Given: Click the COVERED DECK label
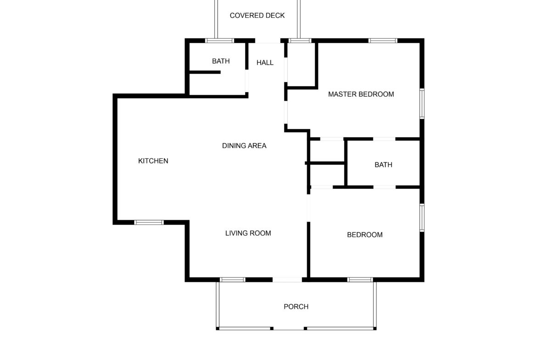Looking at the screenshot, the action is coord(257,16).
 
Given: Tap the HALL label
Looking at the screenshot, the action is coord(265,63).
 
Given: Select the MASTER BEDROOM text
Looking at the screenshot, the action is coord(361,94).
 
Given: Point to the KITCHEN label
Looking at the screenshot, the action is coord(153,161).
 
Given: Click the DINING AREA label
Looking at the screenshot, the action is coord(244,146).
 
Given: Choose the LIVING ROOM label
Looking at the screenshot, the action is coord(248,233).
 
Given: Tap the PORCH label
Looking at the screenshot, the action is coord(296,307).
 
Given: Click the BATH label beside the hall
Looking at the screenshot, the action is coord(221,61).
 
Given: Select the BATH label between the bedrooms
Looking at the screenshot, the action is coord(384,165).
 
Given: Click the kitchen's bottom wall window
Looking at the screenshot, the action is coord(149,222).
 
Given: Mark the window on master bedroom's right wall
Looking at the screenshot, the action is coord(422,104).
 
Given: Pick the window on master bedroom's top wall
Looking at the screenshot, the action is coord(383,41).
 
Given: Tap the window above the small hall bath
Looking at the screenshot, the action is coord(219,41).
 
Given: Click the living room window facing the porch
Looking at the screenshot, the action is coord(233,280).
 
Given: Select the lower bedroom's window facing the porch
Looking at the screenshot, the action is coord(360,280).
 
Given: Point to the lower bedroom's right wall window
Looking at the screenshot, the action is coord(422,218).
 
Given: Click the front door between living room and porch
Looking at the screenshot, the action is coord(287,280).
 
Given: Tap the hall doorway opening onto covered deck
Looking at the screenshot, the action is coord(268,41).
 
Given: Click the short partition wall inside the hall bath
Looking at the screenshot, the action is coord(205,72).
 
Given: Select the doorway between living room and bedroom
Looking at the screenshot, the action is coord(308,208).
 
